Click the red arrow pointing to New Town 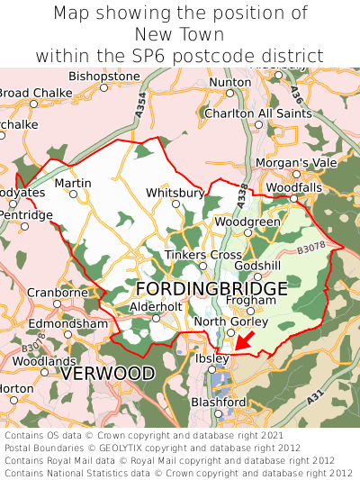(x=247, y=341)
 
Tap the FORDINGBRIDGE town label (x=212, y=289)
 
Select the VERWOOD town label (x=108, y=372)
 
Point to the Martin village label (x=73, y=183)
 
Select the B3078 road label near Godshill (x=310, y=244)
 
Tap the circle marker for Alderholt (x=155, y=318)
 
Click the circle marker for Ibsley (x=212, y=369)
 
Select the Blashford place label (x=219, y=402)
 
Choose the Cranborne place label (x=58, y=293)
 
